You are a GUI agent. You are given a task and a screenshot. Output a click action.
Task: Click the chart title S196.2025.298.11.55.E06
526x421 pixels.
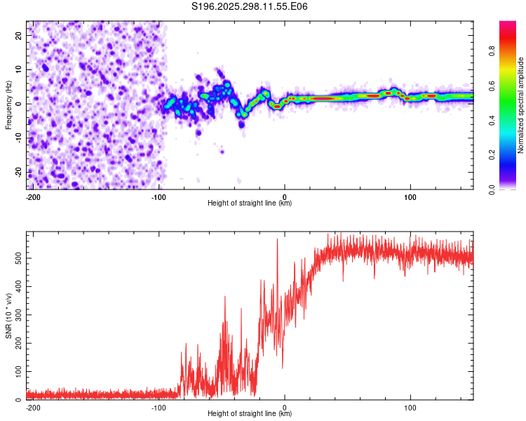[250, 7]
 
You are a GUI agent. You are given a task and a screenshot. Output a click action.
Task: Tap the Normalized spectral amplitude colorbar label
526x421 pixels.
[521, 105]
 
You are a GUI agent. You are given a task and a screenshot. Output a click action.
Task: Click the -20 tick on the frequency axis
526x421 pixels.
[18, 172]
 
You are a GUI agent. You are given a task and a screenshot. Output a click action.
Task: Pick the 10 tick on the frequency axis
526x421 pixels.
[20, 69]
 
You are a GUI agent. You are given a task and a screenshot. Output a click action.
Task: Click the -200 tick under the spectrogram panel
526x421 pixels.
[33, 196]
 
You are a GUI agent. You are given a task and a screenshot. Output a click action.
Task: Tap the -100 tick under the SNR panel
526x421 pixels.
[159, 407]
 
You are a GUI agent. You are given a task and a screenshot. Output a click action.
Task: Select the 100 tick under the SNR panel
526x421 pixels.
[410, 407]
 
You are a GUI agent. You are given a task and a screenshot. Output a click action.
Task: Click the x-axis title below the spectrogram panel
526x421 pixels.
[250, 203]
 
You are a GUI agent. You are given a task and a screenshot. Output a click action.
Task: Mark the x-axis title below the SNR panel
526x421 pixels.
[250, 414]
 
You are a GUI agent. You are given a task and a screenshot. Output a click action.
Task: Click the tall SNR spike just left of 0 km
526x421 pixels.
[277, 240]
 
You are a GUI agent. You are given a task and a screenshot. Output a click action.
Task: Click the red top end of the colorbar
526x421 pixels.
[508, 24]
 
